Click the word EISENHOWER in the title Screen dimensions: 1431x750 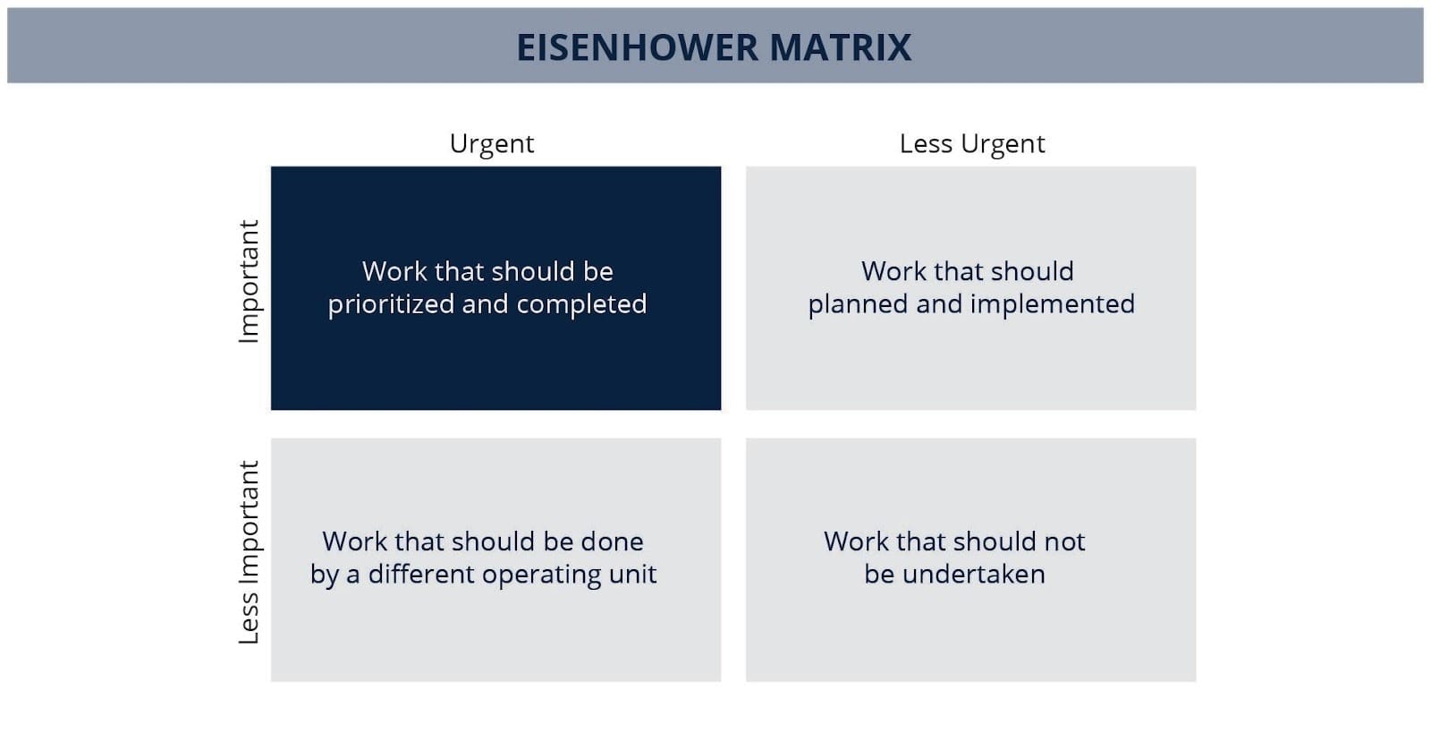[637, 47]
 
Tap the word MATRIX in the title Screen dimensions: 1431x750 [841, 47]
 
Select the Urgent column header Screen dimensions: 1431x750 [492, 144]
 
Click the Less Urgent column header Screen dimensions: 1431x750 [972, 144]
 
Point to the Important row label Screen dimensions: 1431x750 [250, 281]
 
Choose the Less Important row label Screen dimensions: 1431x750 [250, 552]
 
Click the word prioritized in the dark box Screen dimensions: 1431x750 [390, 304]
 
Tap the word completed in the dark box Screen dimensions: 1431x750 [581, 304]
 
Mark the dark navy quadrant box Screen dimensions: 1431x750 [495, 288]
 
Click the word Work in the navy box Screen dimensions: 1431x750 [394, 272]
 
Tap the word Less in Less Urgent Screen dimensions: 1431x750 [926, 144]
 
